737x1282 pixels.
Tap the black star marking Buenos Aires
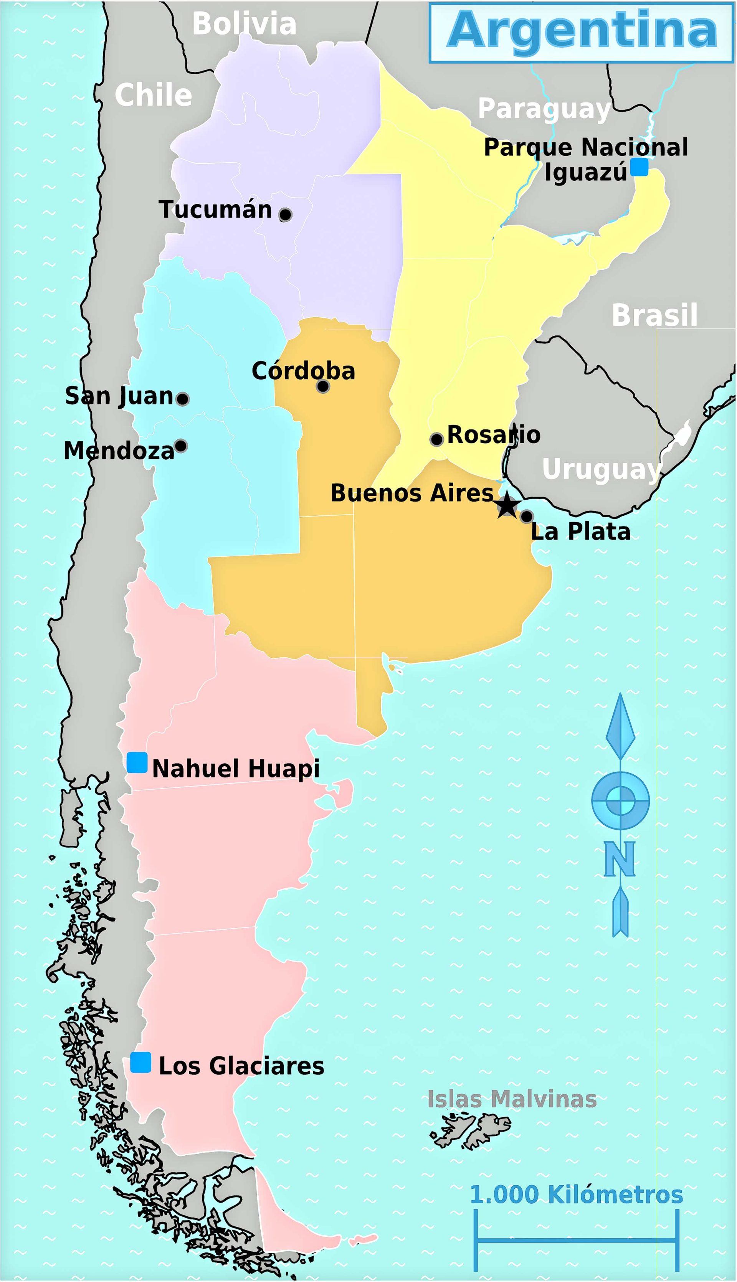507,505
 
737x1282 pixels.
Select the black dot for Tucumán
286,214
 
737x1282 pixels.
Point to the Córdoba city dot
323,386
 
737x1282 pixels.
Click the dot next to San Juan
183,399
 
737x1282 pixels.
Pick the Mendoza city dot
181,446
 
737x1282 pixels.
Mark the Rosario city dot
437,439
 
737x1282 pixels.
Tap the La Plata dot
526,516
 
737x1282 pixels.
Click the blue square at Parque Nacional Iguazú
639,167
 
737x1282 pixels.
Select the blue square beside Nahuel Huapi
137,762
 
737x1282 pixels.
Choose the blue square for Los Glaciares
141,1063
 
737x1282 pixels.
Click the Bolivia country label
244,24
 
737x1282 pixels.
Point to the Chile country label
154,95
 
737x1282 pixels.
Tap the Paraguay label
544,109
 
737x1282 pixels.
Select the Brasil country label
654,315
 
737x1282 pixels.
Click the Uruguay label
601,470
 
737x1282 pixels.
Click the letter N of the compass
620,859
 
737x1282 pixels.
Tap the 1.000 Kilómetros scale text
577,1195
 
